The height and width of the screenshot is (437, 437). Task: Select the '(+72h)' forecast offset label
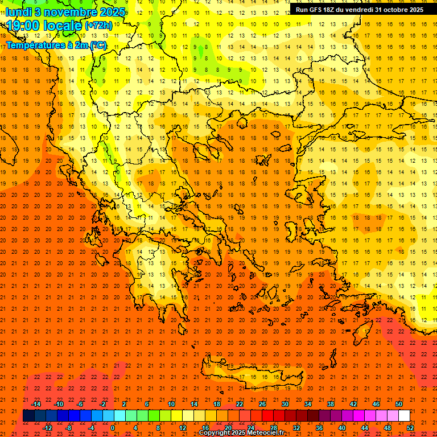pos(98,26)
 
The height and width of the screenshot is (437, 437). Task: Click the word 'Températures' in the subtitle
pos(34,45)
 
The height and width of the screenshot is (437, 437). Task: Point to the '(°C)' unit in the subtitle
pos(97,45)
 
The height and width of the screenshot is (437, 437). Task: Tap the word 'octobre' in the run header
pos(396,10)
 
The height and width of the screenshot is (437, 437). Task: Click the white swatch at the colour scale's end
pos(404,416)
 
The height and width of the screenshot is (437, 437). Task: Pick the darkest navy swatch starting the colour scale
pos(28,416)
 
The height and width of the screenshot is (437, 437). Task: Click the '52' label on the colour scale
pos(411,428)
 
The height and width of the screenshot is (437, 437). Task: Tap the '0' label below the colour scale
pos(113,428)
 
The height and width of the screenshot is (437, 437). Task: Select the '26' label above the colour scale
pos(262,404)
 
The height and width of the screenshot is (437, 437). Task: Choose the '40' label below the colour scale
pos(342,428)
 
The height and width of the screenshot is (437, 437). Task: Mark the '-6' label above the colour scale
pos(80,404)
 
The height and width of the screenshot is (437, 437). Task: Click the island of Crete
pos(250,377)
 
